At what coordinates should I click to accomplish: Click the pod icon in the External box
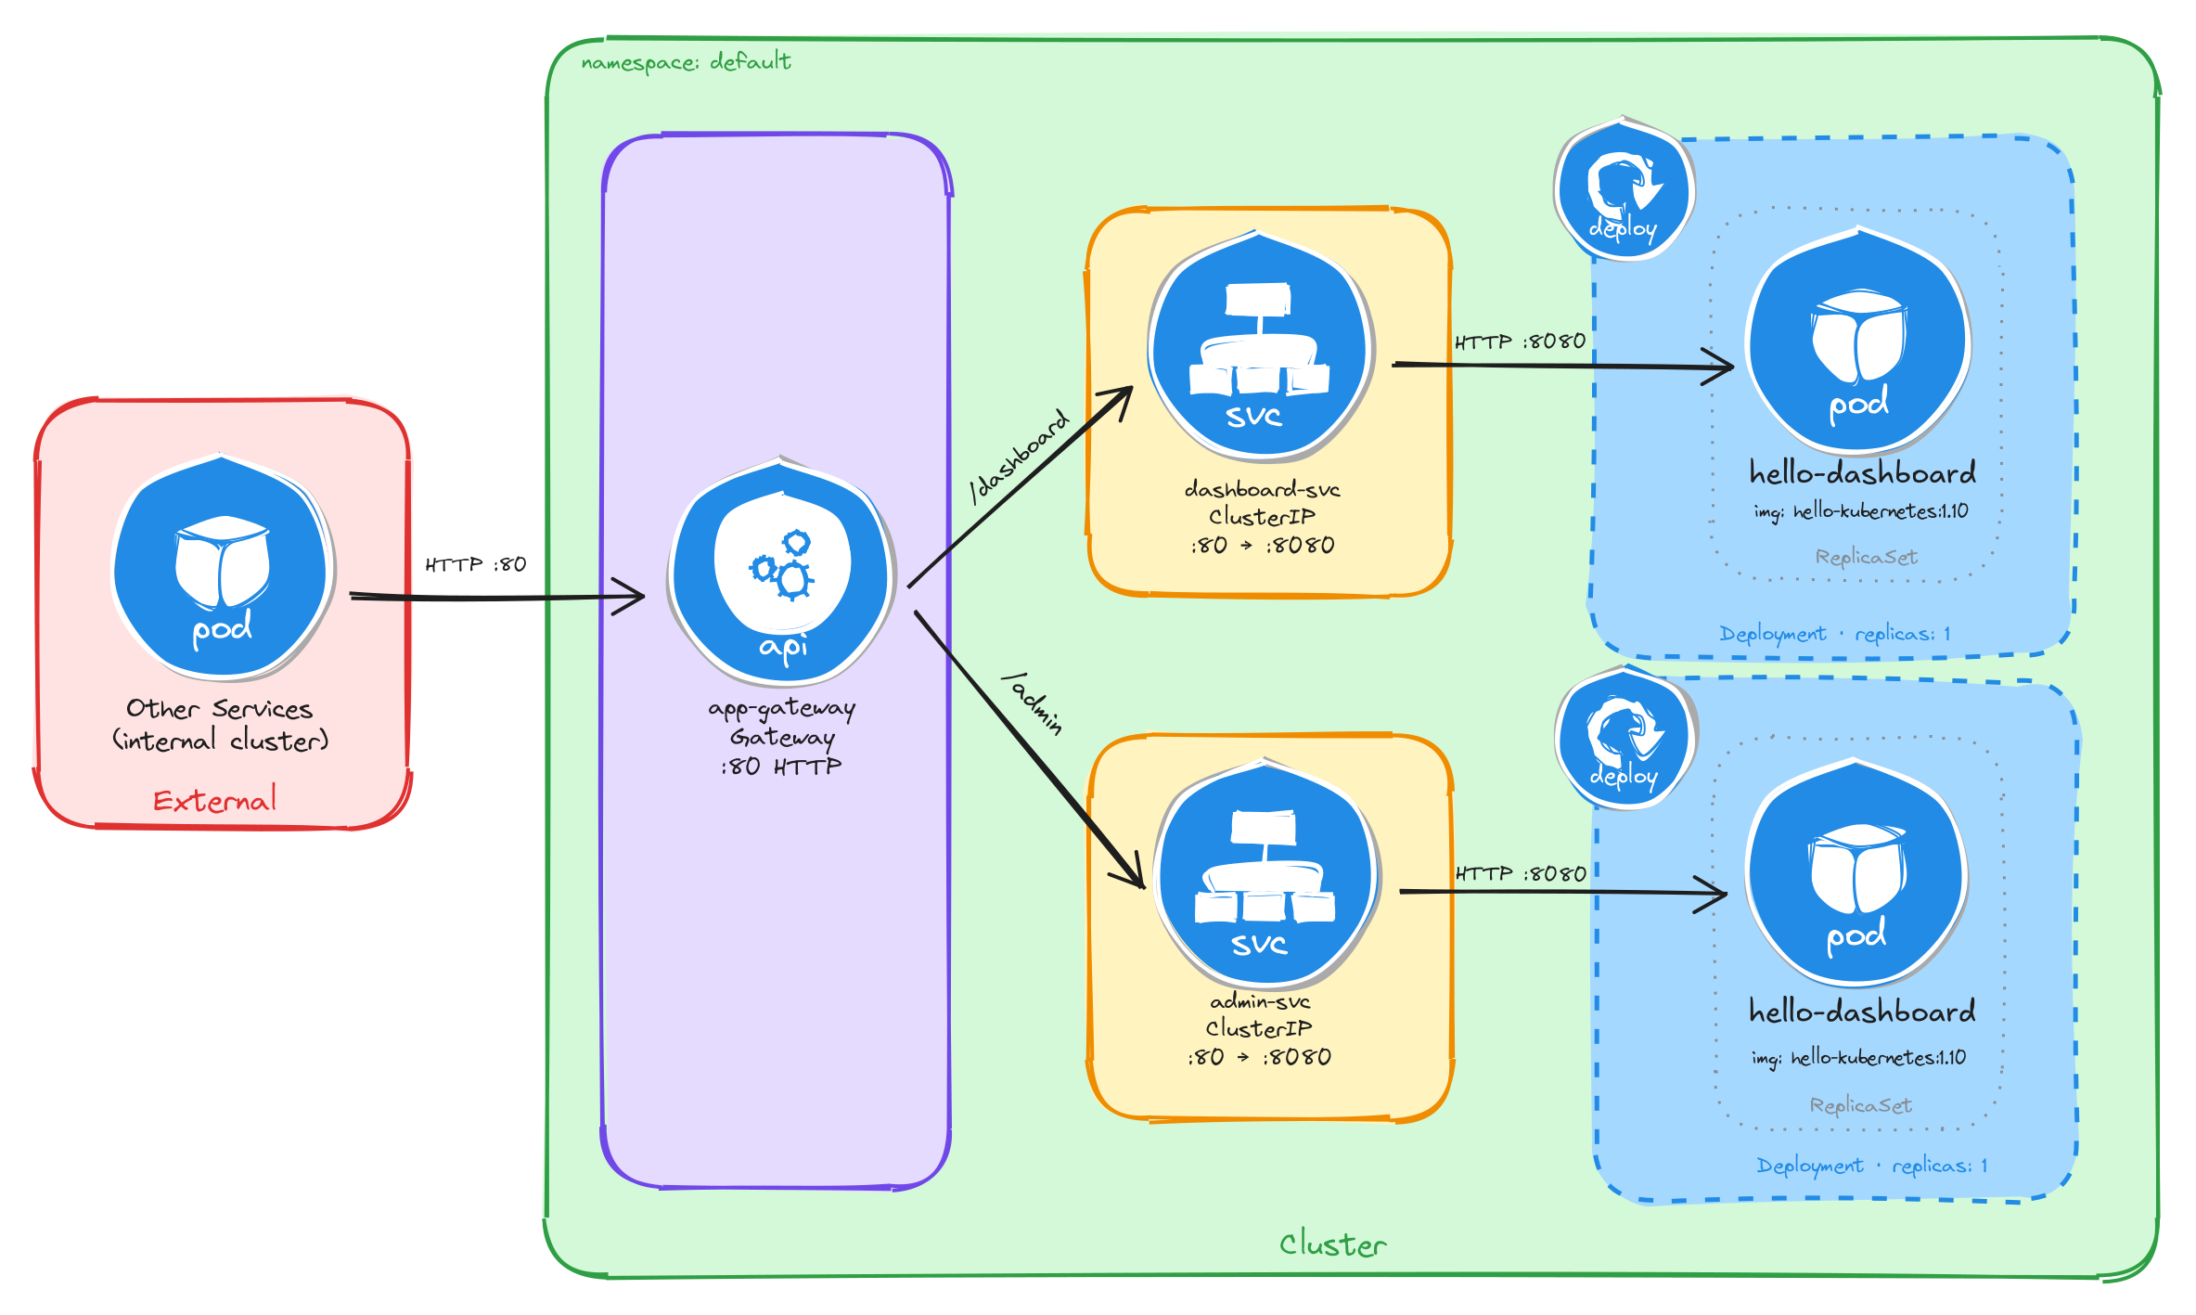point(223,566)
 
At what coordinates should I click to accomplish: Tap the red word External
point(214,800)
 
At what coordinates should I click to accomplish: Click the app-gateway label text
point(782,708)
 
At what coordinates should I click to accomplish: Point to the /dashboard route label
point(1019,456)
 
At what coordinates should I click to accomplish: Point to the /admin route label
point(1033,703)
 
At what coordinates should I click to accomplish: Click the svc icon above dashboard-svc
point(1260,348)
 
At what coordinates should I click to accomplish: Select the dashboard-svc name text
point(1262,489)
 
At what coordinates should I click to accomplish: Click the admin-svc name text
point(1260,1001)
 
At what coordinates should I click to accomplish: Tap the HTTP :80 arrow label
point(475,564)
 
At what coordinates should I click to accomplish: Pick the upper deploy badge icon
point(1623,190)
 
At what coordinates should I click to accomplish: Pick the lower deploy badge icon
point(1625,738)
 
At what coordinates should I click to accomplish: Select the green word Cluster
point(1332,1244)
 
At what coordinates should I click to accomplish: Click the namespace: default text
point(686,62)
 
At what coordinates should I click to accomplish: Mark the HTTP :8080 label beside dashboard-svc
point(1520,342)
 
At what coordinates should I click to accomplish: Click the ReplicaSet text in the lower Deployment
point(1860,1105)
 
